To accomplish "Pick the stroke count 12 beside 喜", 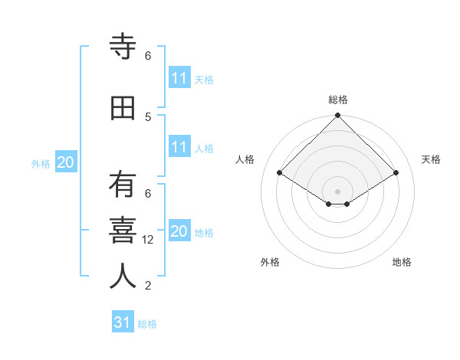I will (149, 240).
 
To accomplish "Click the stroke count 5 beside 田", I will (148, 116).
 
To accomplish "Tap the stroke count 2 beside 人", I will (148, 286).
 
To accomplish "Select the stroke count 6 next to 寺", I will (148, 56).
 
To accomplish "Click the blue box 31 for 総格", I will (123, 322).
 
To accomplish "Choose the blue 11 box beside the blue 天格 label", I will (179, 78).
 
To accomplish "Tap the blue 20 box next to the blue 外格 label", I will (66, 162).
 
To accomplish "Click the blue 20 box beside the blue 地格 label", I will (179, 231).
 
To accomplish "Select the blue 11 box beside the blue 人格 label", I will (179, 147).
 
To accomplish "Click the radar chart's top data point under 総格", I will (337, 116).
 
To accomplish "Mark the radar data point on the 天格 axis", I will (396, 173).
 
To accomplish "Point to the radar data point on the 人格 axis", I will (280, 173).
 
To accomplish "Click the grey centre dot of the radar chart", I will (337, 190).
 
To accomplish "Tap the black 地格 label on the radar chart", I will (402, 262).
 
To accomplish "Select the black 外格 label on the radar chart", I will (270, 262).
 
